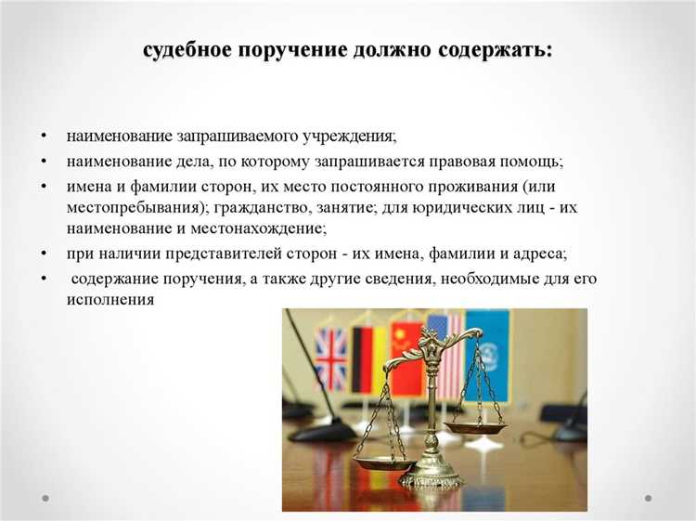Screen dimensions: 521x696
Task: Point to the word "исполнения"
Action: tap(110, 300)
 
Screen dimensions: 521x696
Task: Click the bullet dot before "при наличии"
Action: tap(44, 254)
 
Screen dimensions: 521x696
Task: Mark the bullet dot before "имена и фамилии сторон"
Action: tap(44, 186)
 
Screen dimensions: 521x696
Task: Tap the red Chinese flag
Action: tap(406, 358)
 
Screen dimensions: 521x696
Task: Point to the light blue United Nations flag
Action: tap(490, 353)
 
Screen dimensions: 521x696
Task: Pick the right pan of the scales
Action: tap(475, 427)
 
